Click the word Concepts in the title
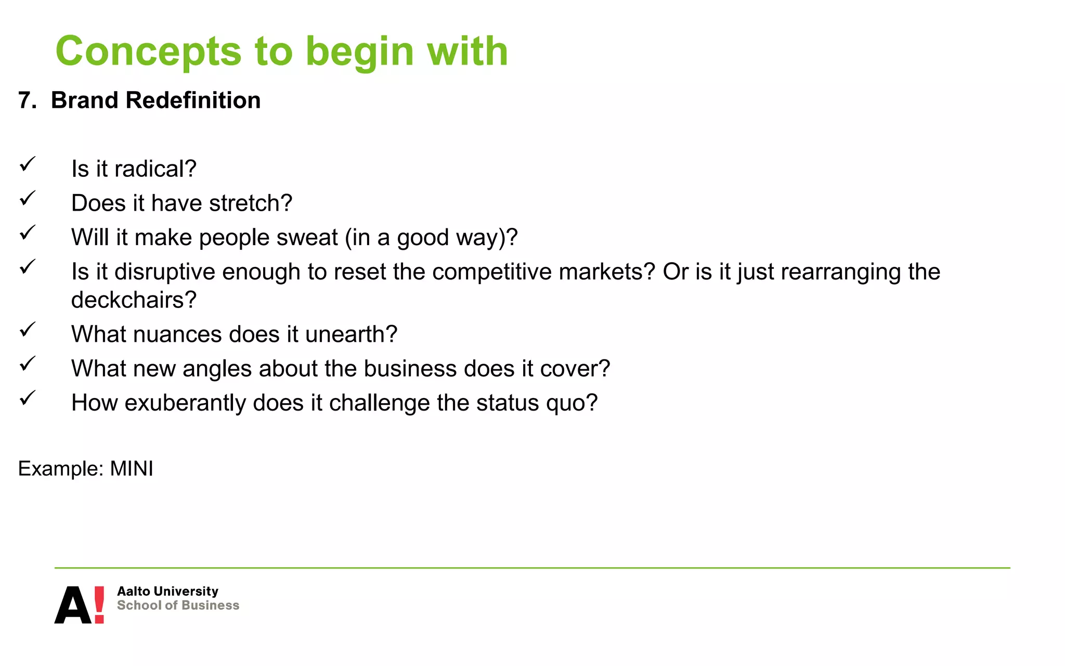click(148, 52)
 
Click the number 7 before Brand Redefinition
click(24, 100)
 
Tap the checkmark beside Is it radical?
click(27, 164)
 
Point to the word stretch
click(250, 203)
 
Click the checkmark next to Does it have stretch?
click(27, 198)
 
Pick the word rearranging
click(840, 272)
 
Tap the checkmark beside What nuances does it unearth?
click(27, 329)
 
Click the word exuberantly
click(185, 403)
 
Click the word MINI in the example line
click(132, 469)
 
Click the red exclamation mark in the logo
click(99, 605)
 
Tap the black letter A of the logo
click(73, 606)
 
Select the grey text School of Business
click(178, 606)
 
